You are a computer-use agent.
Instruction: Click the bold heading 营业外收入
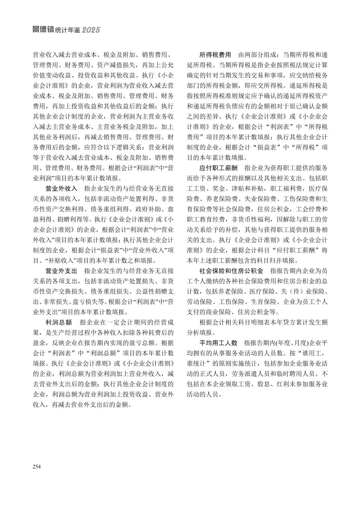pos(62,189)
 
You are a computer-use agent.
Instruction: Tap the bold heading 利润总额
pos(59,322)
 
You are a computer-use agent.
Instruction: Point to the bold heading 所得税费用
pos(216,55)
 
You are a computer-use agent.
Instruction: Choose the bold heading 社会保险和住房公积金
pos(231,271)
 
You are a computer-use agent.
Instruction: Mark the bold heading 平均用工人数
pos(219,343)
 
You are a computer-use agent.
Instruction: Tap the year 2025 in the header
pos(91,30)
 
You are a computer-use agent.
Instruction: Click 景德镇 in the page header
pos(43,30)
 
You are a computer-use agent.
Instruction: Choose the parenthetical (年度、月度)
pos(291,343)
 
